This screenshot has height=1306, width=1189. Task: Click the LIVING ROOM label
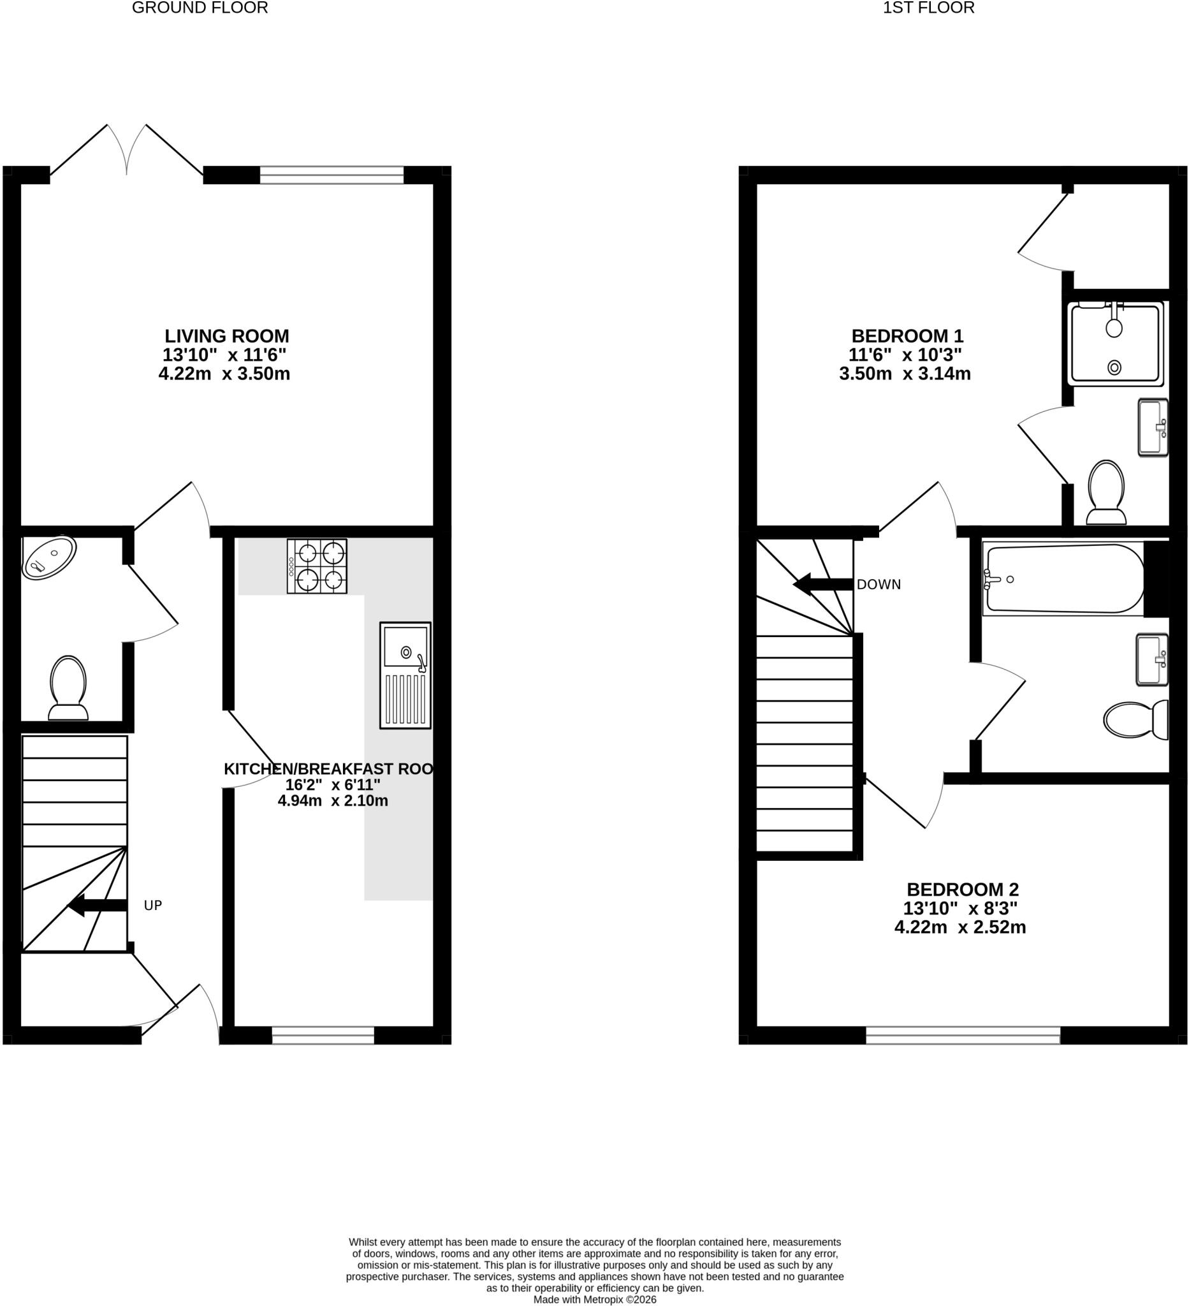pyautogui.click(x=227, y=336)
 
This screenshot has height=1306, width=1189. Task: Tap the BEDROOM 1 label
pyautogui.click(x=907, y=336)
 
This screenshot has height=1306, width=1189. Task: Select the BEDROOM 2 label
pyautogui.click(x=962, y=890)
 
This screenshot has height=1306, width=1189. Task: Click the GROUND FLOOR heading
pyautogui.click(x=200, y=8)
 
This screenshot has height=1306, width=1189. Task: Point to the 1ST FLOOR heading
pyautogui.click(x=929, y=8)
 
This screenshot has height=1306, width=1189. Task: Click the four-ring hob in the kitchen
pyautogui.click(x=317, y=566)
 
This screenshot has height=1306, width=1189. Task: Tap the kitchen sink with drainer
pyautogui.click(x=405, y=676)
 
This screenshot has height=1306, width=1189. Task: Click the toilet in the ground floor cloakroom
pyautogui.click(x=68, y=688)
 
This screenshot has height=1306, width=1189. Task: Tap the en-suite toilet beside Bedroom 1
pyautogui.click(x=1107, y=492)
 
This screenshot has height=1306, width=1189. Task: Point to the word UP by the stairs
pyautogui.click(x=153, y=906)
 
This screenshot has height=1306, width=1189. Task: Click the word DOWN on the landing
pyautogui.click(x=879, y=584)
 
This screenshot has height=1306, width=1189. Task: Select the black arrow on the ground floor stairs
pyautogui.click(x=97, y=906)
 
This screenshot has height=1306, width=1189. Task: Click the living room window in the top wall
pyautogui.click(x=332, y=175)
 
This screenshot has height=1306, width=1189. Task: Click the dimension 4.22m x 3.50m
pyautogui.click(x=224, y=374)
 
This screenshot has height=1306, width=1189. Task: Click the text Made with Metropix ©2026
pyautogui.click(x=594, y=1300)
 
